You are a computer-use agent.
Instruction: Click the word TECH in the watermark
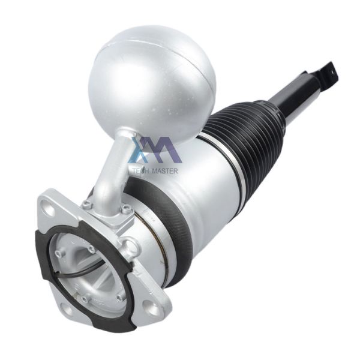coord(142,170)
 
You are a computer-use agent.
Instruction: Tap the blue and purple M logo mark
coord(155,150)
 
